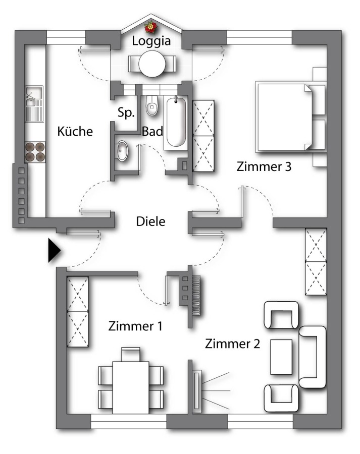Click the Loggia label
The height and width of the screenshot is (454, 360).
click(151, 41)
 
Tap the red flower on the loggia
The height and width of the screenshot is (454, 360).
click(151, 27)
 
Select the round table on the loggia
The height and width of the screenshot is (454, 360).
click(152, 64)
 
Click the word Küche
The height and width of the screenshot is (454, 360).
click(75, 132)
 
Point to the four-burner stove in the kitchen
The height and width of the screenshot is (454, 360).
click(35, 152)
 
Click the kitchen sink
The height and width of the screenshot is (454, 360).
click(34, 103)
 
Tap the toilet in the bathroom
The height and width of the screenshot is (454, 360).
click(152, 106)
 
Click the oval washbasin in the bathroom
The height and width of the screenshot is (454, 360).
click(123, 151)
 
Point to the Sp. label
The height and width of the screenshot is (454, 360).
click(126, 112)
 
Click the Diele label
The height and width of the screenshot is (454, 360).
click(151, 221)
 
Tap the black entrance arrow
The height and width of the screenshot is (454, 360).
click(54, 250)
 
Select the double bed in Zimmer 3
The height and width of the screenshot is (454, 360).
click(290, 117)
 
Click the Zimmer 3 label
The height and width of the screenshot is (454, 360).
click(264, 166)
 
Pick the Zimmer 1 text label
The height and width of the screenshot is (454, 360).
click(135, 326)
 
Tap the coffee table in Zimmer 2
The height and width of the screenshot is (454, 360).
click(281, 357)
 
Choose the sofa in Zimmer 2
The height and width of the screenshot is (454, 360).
click(313, 357)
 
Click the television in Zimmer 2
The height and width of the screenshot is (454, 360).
click(197, 391)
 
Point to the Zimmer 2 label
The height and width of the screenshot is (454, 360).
click(232, 344)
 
